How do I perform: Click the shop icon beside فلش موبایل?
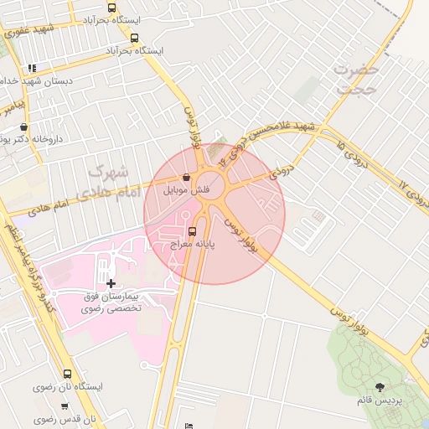[x=186, y=178]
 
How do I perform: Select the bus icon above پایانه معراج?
[x=194, y=230]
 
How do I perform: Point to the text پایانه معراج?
[x=194, y=245]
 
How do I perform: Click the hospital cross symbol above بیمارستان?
[x=111, y=284]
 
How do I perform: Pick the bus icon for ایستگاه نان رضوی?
[x=67, y=375]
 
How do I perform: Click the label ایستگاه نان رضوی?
[x=67, y=388]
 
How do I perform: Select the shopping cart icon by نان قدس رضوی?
[x=65, y=406]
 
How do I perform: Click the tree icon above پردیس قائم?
[x=380, y=387]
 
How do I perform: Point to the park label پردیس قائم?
[x=380, y=401]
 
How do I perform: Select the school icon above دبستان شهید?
[x=32, y=68]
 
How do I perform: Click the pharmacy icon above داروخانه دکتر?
[x=23, y=127]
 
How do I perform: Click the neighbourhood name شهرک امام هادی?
[x=106, y=183]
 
